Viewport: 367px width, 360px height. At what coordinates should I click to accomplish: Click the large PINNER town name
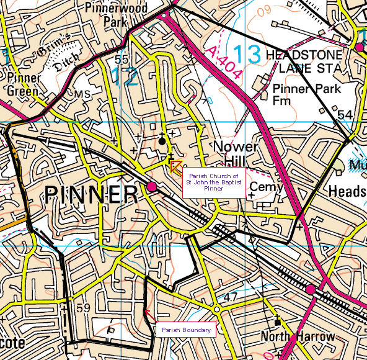[x=91, y=195]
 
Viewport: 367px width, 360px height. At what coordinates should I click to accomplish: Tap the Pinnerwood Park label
[x=104, y=16]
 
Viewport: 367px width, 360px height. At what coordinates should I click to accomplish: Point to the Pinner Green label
[x=24, y=84]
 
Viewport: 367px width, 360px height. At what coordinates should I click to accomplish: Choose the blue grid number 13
[x=247, y=54]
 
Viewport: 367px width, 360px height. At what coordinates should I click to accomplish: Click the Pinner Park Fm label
[x=306, y=94]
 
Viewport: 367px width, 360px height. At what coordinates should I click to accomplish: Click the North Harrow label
[x=298, y=337]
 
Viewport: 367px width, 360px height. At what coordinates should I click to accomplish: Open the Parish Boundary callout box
[x=186, y=330]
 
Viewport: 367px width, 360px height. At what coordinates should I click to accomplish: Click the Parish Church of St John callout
[x=214, y=182]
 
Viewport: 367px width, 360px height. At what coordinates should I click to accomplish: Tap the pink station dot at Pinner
[x=152, y=186]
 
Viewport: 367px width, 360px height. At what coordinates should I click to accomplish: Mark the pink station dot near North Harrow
[x=309, y=289]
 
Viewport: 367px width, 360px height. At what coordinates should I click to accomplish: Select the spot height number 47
[x=231, y=299]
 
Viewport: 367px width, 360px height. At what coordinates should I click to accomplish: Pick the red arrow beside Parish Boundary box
[x=147, y=313]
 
